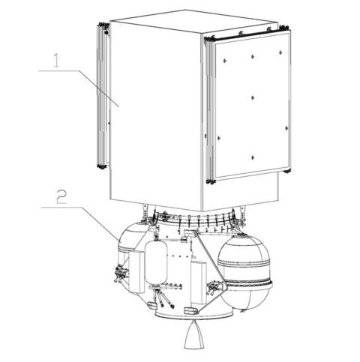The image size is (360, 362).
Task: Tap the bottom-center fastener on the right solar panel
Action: pyautogui.click(x=253, y=157)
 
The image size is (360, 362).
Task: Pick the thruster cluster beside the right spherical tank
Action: pyautogui.click(x=215, y=285)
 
